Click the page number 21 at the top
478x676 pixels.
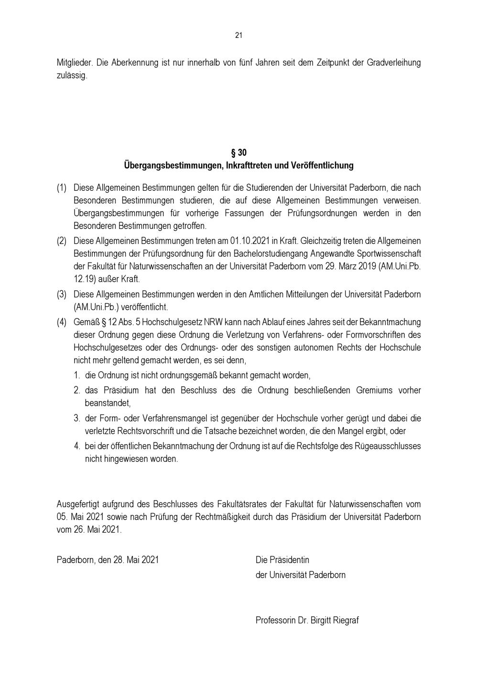click(x=239, y=35)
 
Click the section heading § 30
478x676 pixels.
click(x=239, y=153)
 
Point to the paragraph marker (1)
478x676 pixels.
click(x=62, y=188)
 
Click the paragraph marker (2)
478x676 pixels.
click(x=62, y=241)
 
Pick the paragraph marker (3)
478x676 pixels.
click(x=62, y=294)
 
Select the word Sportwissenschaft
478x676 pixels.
click(x=389, y=253)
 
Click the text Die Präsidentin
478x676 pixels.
click(x=282, y=560)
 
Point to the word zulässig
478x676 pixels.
click(x=72, y=76)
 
